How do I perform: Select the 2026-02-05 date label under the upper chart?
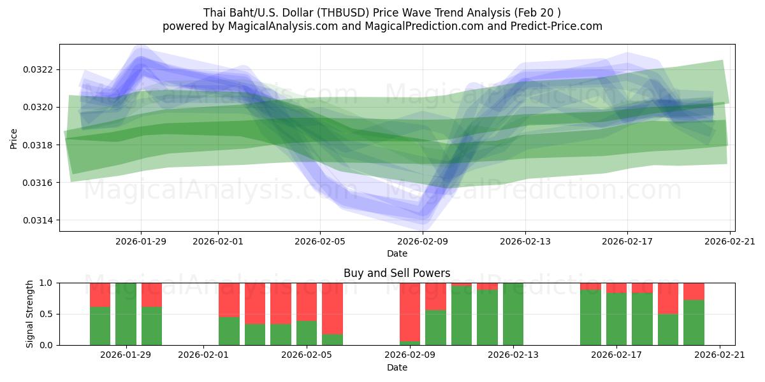[x=320, y=241]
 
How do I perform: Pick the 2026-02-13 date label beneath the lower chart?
[x=513, y=355]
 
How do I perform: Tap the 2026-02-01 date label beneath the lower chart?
[x=203, y=355]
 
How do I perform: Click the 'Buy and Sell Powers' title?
[x=397, y=273]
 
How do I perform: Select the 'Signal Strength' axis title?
[x=29, y=314]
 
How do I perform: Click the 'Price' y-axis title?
[x=14, y=138]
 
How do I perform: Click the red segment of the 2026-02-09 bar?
[x=410, y=312]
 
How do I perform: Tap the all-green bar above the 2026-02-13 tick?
[x=513, y=314]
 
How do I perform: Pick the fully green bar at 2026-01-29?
[x=126, y=314]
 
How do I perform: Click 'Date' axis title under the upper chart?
[x=397, y=253]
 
